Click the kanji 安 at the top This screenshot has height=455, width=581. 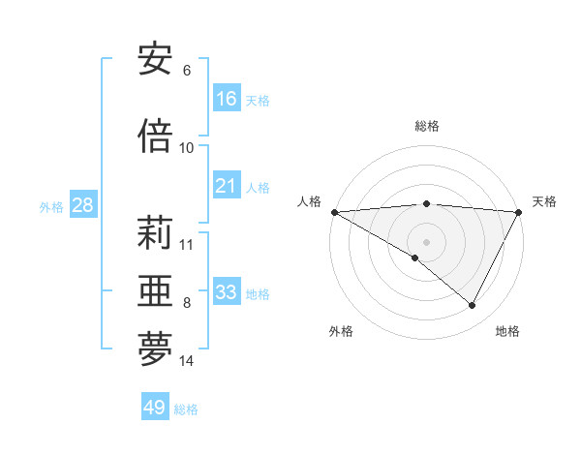click(155, 60)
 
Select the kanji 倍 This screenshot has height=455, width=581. click(155, 136)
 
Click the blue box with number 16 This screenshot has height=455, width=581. click(227, 99)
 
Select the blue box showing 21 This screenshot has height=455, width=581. click(227, 186)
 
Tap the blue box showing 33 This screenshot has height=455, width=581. click(227, 292)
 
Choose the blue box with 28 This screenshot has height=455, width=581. click(82, 205)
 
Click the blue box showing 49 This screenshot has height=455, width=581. click(155, 408)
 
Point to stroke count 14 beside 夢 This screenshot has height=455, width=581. click(187, 361)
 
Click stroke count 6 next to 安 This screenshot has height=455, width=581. click(187, 71)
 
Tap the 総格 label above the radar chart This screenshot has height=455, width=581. click(426, 126)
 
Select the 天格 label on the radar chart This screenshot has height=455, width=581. click(544, 201)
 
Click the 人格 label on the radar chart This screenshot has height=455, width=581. click(309, 201)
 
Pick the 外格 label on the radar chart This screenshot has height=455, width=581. click(340, 331)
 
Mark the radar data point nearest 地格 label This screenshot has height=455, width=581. click(473, 306)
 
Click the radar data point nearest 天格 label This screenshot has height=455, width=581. click(519, 212)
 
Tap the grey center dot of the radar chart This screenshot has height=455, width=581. click(426, 241)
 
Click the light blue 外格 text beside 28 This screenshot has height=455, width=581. click(50, 206)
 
